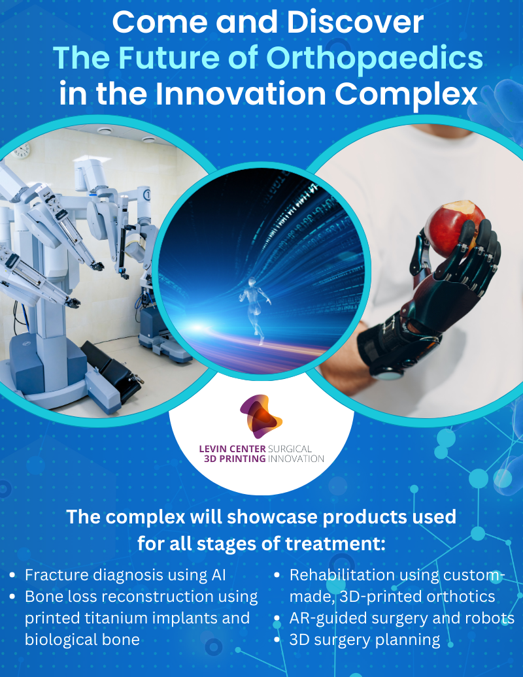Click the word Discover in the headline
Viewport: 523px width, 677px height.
tap(355, 22)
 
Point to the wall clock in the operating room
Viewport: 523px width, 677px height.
tap(22, 150)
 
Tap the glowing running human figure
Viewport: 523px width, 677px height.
tap(256, 309)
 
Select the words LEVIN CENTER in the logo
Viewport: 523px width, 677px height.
tap(232, 449)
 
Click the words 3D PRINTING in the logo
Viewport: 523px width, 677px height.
tap(235, 459)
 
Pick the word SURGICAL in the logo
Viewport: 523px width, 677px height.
tap(290, 449)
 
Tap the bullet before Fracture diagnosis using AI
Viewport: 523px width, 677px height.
tap(12, 575)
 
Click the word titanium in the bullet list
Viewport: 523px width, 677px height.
tap(116, 618)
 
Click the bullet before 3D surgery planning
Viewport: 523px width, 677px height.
tap(277, 640)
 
